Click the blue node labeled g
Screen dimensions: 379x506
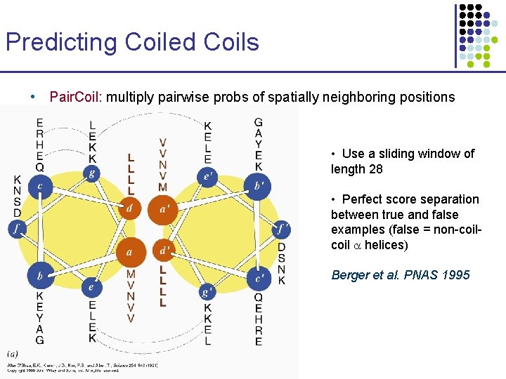tap(91, 173)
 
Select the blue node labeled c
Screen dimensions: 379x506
tap(40, 187)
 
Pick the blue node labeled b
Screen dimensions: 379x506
tap(40, 276)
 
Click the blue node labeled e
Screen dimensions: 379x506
tap(91, 286)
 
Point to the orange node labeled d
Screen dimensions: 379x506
tap(129, 208)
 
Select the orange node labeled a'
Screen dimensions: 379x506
tap(164, 208)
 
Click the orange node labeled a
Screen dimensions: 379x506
tap(129, 251)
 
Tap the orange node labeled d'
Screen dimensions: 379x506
tap(164, 251)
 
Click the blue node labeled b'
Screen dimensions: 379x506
tap(257, 186)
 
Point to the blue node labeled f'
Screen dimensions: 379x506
tap(281, 228)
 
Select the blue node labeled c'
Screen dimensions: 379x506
tap(259, 278)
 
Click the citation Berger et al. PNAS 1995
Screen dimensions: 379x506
tap(401, 275)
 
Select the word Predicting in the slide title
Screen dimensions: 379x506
tap(62, 42)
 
